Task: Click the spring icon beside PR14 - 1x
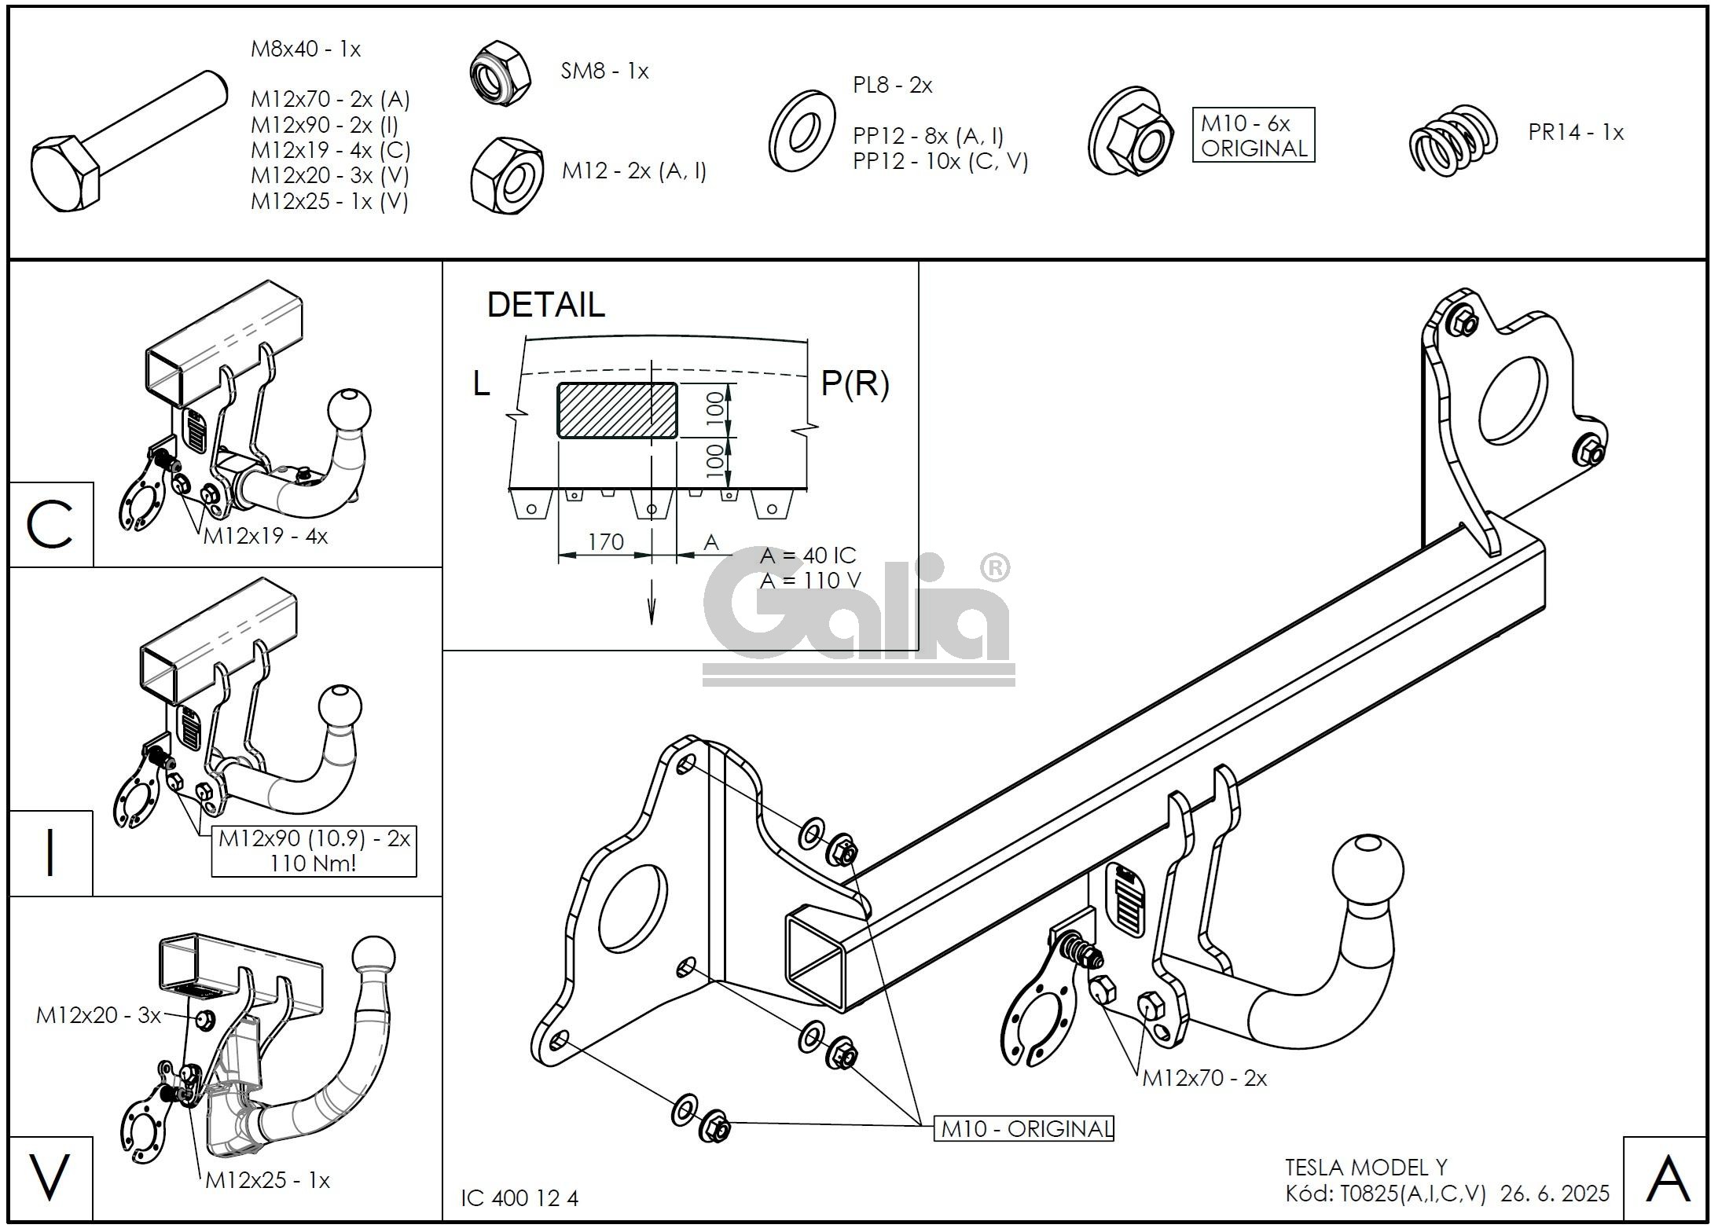pyautogui.click(x=1452, y=141)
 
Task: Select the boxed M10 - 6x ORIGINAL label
pyautogui.click(x=1253, y=135)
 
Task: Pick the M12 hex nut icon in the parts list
pyautogui.click(x=507, y=176)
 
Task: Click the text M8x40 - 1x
pyautogui.click(x=305, y=49)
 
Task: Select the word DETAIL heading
pyautogui.click(x=546, y=305)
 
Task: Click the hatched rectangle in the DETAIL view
pyautogui.click(x=617, y=410)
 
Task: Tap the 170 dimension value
pyautogui.click(x=605, y=541)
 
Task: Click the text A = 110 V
pyautogui.click(x=809, y=581)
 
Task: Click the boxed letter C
pyautogui.click(x=51, y=525)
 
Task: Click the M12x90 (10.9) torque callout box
pyautogui.click(x=314, y=851)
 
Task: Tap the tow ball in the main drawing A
pyautogui.click(x=1367, y=872)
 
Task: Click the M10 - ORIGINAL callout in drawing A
pyautogui.click(x=1023, y=1129)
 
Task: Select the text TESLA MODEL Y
pyautogui.click(x=1366, y=1168)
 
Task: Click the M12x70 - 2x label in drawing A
pyautogui.click(x=1204, y=1078)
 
